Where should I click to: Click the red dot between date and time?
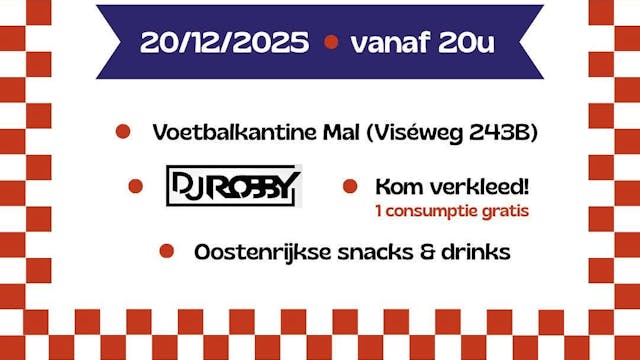[331, 44]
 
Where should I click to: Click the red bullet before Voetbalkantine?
[123, 131]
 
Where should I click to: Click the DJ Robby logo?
[233, 185]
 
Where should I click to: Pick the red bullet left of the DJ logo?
[136, 185]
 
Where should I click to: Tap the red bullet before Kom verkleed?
[350, 186]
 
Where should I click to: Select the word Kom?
[394, 187]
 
